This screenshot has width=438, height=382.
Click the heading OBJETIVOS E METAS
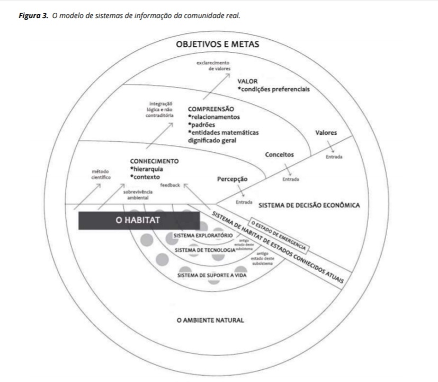pos(217,44)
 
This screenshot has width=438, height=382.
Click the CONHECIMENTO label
pos(154,161)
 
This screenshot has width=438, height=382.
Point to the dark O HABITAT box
pos(138,220)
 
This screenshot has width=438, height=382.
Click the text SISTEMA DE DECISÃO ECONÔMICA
pos(309,205)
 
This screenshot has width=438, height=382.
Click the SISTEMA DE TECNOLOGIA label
pos(204,249)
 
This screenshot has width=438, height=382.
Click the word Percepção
pos(233,179)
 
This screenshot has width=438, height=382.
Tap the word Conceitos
pos(280,154)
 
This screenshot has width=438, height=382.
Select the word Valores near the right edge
pos(326,133)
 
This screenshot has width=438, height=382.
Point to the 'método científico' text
pos(100,175)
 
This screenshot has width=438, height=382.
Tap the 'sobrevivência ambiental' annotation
pos(136,194)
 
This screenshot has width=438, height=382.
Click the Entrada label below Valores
pos(334,157)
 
